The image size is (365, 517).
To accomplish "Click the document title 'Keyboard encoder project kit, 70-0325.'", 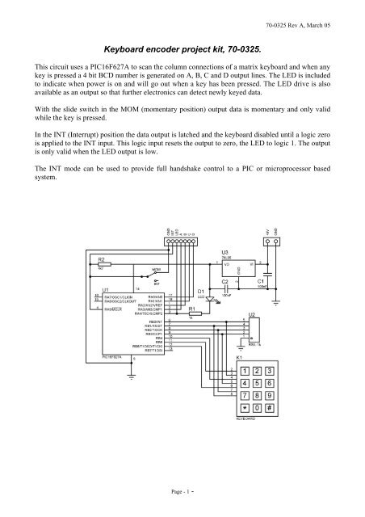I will pyautogui.click(x=182, y=49).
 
